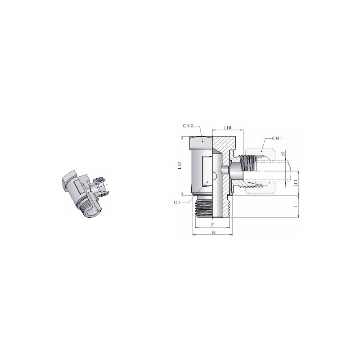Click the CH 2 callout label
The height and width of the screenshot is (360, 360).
coord(188,126)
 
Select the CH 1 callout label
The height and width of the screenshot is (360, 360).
coord(277,138)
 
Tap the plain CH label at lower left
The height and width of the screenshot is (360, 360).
coord(177,203)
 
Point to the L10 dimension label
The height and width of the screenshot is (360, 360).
coord(228,127)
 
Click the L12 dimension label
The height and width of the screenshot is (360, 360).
coord(179,166)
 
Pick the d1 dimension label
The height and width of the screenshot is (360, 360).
coord(283,154)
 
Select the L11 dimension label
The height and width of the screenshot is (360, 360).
coord(296,183)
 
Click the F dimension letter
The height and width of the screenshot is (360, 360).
coord(212,225)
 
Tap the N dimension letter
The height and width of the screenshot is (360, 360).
coord(214,232)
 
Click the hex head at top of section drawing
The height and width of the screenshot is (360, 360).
coord(201,142)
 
